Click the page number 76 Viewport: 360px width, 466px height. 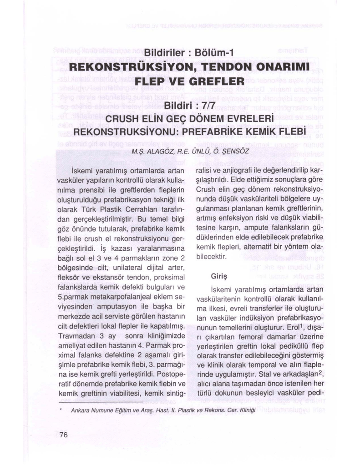coord(63,434)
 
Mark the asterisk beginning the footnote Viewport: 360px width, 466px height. coord(61,410)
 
